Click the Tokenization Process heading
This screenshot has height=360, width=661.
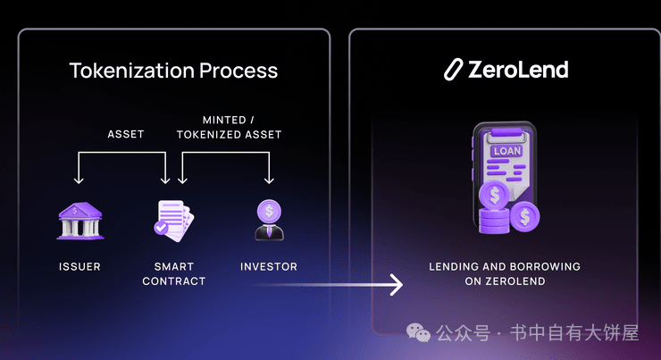[x=173, y=71]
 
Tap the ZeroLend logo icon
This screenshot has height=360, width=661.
[x=453, y=70]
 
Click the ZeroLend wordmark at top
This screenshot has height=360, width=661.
[x=518, y=70]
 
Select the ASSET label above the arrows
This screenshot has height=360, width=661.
[x=126, y=134]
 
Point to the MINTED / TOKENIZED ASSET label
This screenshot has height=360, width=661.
[x=229, y=128]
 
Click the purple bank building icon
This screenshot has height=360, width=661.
[x=80, y=221]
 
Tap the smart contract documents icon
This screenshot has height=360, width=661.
[x=173, y=221]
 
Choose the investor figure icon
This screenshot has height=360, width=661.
[x=270, y=220]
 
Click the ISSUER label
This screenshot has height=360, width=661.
[x=79, y=266]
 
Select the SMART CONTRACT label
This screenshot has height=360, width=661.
[x=173, y=273]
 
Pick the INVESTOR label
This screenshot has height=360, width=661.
[x=269, y=266]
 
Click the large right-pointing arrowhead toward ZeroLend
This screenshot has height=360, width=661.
[x=397, y=285]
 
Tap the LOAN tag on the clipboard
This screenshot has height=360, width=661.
[x=506, y=151]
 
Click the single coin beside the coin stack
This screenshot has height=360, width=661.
[x=525, y=216]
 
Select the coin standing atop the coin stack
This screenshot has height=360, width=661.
[x=494, y=195]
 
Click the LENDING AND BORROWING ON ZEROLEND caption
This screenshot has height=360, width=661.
[x=505, y=273]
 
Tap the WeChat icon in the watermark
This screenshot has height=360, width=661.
[x=418, y=332]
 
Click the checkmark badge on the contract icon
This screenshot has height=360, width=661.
[x=161, y=228]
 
